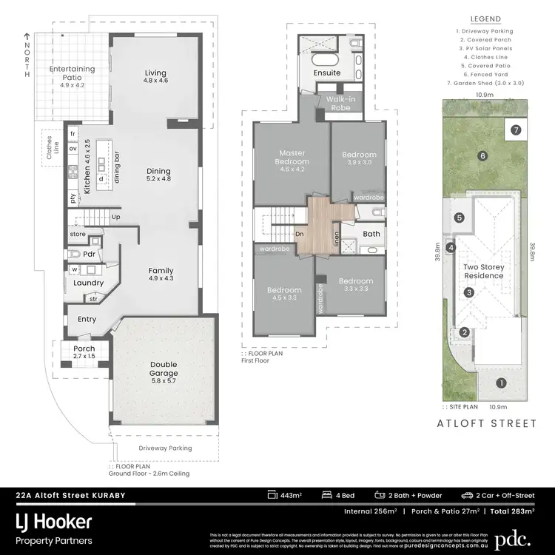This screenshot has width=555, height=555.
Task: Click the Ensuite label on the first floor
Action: point(326,73)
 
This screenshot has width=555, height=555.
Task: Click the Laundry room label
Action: point(89,283)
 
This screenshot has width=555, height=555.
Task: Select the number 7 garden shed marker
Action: point(516,129)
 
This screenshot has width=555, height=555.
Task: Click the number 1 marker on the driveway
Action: point(501,383)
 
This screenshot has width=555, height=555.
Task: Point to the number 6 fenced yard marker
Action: point(482,155)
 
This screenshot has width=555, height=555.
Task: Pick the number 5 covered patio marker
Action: point(460,218)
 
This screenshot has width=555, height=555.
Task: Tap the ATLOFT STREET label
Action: point(485,423)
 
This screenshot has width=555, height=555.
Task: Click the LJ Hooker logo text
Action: point(55,522)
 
